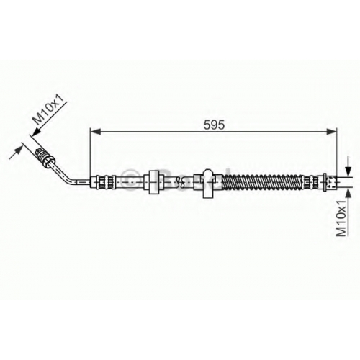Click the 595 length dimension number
click(x=214, y=125)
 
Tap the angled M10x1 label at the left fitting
click(x=50, y=109)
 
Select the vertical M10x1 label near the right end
click(x=341, y=218)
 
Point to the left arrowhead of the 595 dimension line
click(x=95, y=131)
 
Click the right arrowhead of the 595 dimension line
click(x=332, y=131)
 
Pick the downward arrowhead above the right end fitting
click(x=348, y=172)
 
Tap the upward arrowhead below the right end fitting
click(x=348, y=192)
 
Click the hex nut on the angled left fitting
click(x=48, y=160)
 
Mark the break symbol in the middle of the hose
click(x=179, y=182)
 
